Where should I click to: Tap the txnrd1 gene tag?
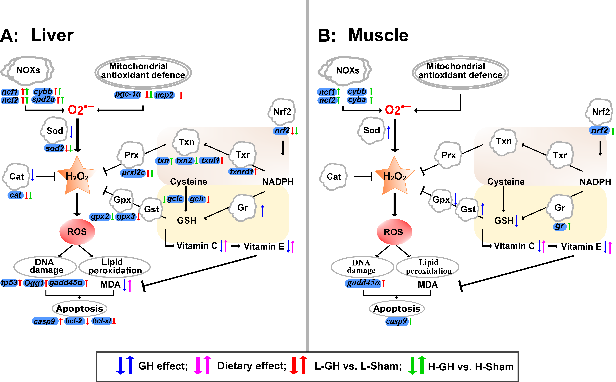coord(241,172)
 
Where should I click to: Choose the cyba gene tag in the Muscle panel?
coord(357,100)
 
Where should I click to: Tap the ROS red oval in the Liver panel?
coord(77,232)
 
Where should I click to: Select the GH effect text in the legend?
coord(163,366)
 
